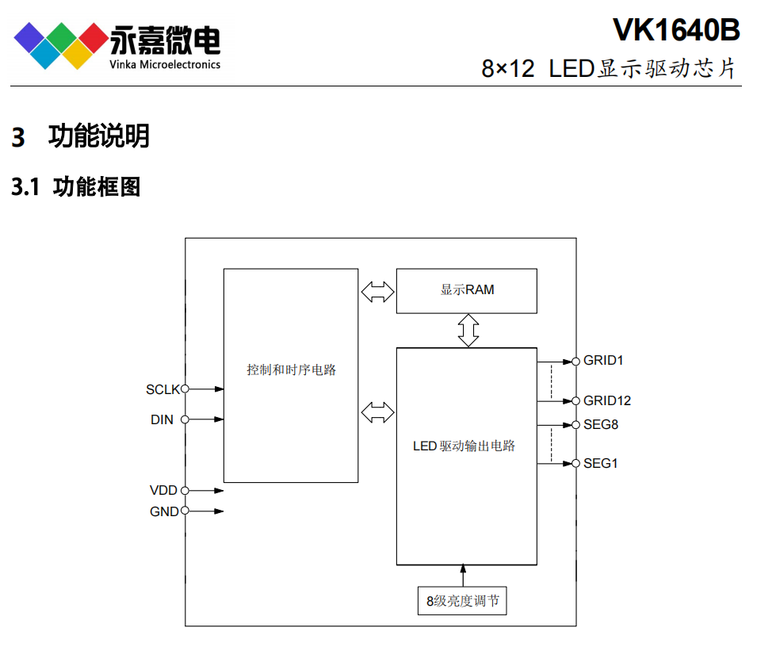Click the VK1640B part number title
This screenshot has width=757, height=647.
click(676, 30)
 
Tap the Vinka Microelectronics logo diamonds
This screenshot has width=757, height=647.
click(61, 44)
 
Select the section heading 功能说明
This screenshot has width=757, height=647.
click(98, 136)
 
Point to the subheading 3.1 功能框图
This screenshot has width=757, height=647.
click(76, 187)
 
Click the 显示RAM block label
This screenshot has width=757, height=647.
click(467, 290)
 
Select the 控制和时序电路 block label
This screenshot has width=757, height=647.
click(291, 369)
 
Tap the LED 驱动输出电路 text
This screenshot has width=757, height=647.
click(465, 446)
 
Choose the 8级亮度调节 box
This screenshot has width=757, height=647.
click(462, 600)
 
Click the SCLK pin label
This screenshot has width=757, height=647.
click(162, 389)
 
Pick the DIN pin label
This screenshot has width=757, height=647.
click(162, 419)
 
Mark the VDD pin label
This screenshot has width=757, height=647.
click(163, 491)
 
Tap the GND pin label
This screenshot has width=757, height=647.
click(164, 511)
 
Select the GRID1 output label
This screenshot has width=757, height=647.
click(603, 361)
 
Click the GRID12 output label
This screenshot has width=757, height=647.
click(607, 400)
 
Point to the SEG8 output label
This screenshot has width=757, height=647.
click(601, 424)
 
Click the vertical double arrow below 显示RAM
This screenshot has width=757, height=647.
click(468, 330)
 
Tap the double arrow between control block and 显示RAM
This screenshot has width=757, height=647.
click(377, 292)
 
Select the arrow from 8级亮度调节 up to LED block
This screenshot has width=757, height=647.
click(464, 575)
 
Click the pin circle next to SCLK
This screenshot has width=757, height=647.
click(185, 389)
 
